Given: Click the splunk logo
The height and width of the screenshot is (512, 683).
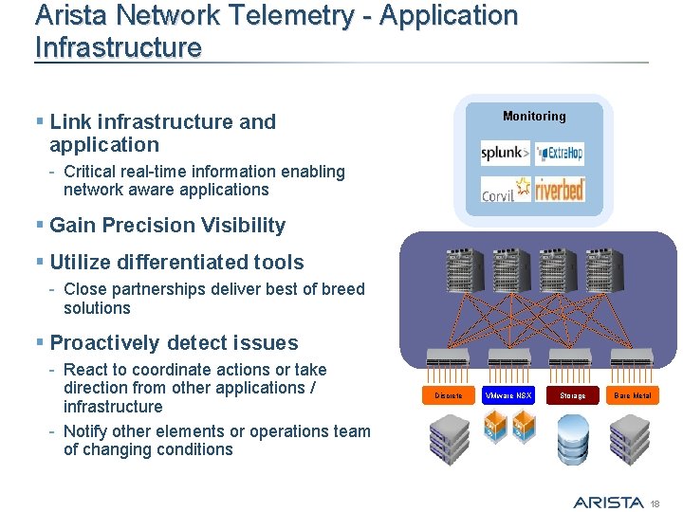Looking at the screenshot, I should tap(504, 153).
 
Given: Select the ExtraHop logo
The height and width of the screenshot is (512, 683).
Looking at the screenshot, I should tap(560, 153).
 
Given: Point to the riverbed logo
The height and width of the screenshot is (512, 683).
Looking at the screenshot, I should tap(560, 190).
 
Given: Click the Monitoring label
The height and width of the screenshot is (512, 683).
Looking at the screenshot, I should tap(534, 117).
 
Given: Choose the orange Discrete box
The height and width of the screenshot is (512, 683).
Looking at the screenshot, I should tap(448, 394).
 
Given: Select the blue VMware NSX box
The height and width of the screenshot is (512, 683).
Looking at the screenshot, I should tap(508, 394).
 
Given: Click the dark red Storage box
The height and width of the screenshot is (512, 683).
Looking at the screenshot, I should tap(572, 394).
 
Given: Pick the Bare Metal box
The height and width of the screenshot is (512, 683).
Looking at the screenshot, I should tap(633, 394).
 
